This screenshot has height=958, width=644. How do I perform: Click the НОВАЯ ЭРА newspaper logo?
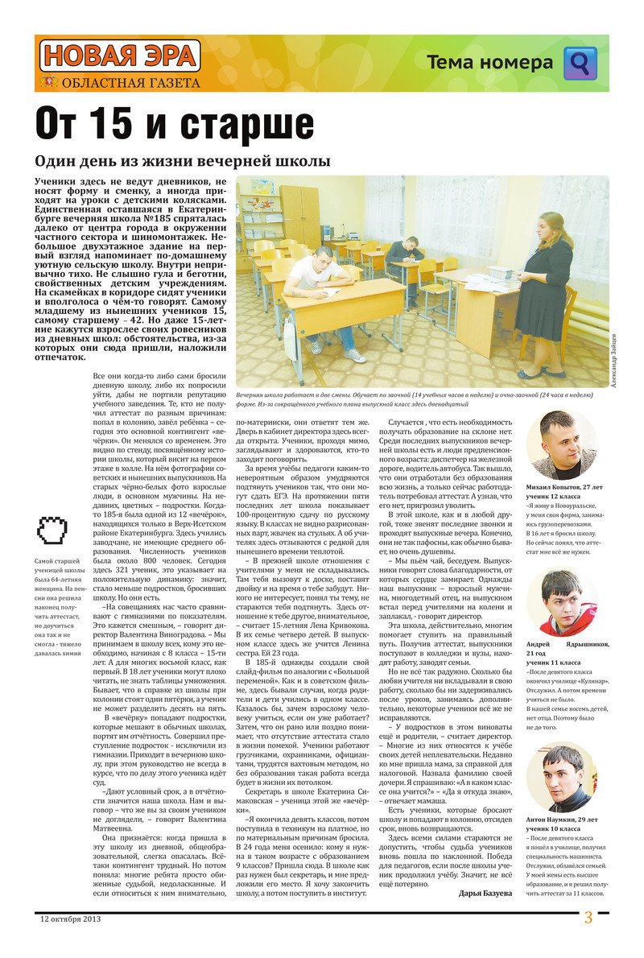coord(119,56)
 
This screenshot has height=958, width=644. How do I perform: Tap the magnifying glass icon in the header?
coord(580,63)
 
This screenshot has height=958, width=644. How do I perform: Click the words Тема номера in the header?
coord(489,63)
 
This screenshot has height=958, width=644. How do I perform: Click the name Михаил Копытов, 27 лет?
coord(563,488)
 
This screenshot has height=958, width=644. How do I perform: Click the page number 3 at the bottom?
coord(588,918)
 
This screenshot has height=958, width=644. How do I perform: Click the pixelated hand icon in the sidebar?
coord(49,528)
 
